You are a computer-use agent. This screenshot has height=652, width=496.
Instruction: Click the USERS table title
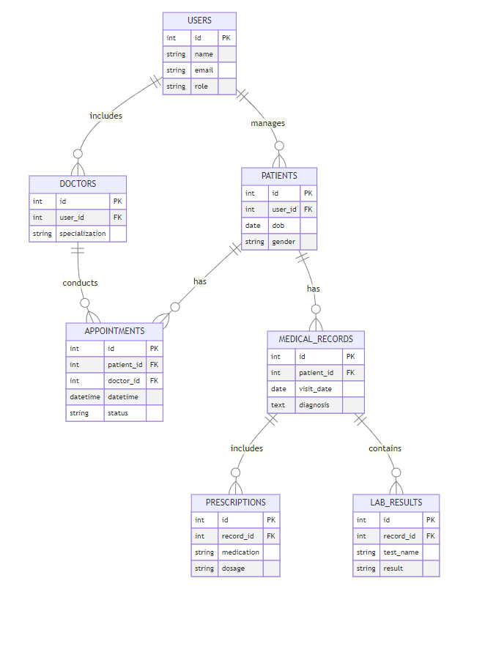[x=199, y=21]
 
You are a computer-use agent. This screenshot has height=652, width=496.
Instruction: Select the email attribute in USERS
[x=204, y=70]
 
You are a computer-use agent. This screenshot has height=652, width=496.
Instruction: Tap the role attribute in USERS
[x=201, y=86]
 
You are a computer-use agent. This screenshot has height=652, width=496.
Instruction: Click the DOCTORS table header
[x=78, y=184]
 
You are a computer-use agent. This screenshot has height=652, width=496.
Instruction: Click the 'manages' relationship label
[x=267, y=123]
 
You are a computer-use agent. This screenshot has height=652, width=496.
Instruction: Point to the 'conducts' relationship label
[x=80, y=283]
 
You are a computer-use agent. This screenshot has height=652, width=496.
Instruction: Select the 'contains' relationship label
[x=385, y=448]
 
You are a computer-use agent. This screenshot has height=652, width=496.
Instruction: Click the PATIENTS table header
[x=279, y=176]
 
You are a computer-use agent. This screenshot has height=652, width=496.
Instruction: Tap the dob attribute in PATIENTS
[x=278, y=226]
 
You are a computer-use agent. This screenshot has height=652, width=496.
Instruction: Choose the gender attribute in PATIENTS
[x=283, y=242]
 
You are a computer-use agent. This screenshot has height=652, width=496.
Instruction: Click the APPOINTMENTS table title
[x=114, y=331]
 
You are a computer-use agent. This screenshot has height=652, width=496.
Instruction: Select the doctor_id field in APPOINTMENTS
[x=123, y=381]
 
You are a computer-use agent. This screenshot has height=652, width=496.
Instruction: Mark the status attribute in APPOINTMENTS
[x=117, y=413]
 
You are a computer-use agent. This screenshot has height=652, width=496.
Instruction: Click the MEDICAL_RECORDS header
[x=316, y=339]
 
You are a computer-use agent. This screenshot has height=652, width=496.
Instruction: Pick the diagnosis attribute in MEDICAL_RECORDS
[x=314, y=405]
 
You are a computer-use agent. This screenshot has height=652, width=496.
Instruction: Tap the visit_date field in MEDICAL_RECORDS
[x=315, y=389]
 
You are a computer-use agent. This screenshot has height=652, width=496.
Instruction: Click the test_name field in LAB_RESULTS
[x=400, y=552]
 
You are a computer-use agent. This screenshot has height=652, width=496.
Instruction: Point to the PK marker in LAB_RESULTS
[x=431, y=520]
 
